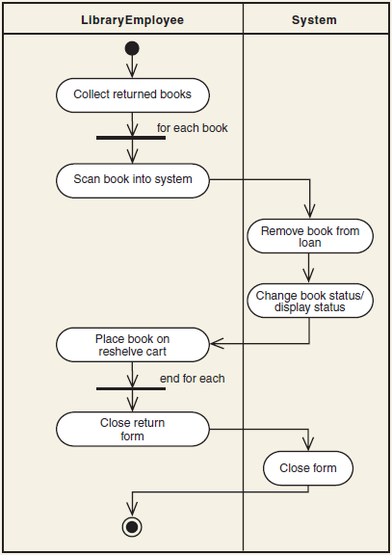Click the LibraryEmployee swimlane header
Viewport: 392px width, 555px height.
coord(132,19)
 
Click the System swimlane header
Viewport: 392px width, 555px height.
coord(314,19)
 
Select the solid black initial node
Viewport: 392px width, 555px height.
coord(132,48)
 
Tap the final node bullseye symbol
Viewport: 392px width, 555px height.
coord(132,526)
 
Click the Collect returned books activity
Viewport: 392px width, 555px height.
coord(132,94)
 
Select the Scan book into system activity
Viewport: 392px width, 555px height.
coord(132,179)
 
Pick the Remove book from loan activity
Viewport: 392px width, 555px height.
coord(309,237)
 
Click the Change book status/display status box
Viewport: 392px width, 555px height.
coord(309,301)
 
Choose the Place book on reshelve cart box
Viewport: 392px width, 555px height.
coord(132,345)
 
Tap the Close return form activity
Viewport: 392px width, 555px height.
coord(132,430)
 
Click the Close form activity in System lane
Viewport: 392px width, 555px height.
coord(308,469)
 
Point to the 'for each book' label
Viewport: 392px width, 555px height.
coord(193,127)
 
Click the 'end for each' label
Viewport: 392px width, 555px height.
coord(193,379)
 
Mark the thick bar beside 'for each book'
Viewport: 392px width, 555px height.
coord(131,137)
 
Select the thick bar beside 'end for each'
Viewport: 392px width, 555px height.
coord(131,388)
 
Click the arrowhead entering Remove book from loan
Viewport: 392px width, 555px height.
coord(309,215)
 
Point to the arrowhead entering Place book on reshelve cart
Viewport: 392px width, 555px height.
coord(216,342)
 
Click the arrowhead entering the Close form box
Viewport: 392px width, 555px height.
coord(308,446)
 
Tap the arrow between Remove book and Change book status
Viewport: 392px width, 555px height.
coord(309,269)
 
